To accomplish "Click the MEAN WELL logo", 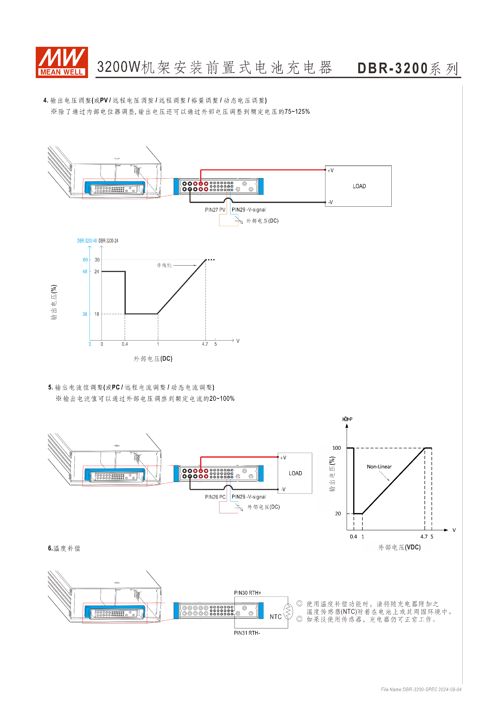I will [62, 62].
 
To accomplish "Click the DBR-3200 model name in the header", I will [392, 68].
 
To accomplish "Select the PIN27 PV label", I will [215, 210].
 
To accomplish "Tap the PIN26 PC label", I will [215, 497].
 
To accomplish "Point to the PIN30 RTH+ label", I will [247, 593].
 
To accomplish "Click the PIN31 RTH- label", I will [247, 633].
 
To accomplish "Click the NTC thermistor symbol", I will [288, 612].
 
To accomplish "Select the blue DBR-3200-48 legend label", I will [87, 241].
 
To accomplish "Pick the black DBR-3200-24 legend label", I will [108, 241].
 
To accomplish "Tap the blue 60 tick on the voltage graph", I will [85, 260].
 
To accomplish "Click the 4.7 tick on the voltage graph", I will [205, 344].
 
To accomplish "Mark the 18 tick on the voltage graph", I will [97, 314].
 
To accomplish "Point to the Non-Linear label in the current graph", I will [379, 466].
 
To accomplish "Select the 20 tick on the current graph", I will [338, 514].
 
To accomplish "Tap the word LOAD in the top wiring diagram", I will [359, 186].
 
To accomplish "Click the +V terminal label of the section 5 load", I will [283, 458].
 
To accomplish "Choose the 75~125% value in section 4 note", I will [297, 112].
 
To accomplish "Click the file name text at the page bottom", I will [421, 690].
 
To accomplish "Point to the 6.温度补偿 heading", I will [64, 548].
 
